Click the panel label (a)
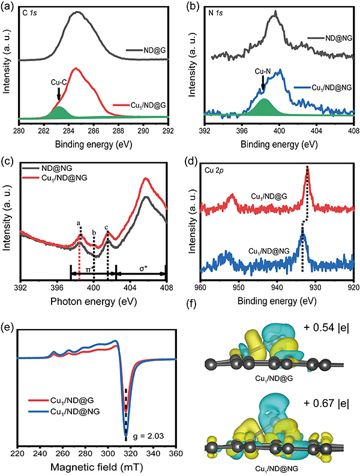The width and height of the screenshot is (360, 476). pyautogui.click(x=8, y=6)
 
